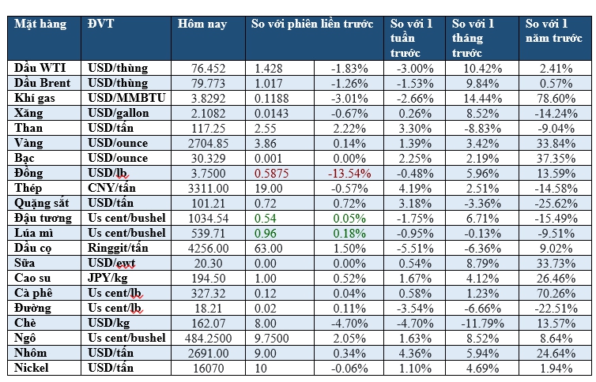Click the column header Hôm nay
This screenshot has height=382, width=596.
coord(202,24)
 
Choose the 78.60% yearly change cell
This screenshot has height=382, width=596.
coord(555,98)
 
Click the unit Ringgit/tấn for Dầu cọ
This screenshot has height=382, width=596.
coord(119,248)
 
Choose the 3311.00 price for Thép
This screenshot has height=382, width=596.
coord(209,188)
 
